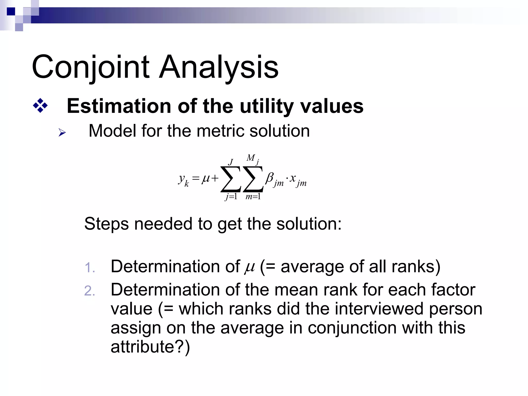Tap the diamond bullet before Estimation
point(40,106)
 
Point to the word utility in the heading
point(266,106)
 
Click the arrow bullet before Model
point(62,133)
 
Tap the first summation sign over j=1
point(231,179)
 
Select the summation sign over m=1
point(253,179)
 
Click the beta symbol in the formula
point(270,178)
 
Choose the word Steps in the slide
point(106,224)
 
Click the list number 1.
point(90,268)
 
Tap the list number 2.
point(90,291)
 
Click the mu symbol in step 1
point(249,267)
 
